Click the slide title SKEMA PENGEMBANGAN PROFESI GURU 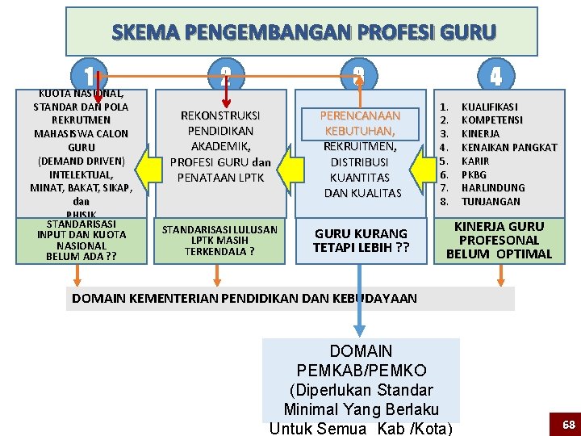303,33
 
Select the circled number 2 225,77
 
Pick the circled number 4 495,77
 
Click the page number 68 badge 568,424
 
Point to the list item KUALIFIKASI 489,107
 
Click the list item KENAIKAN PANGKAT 508,148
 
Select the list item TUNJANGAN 491,202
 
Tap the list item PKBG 475,174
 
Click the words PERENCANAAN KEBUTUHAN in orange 359,124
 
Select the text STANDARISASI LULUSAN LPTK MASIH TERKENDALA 219,240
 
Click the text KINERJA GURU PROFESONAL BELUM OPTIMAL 499,240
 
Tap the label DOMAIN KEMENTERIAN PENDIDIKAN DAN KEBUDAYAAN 245,298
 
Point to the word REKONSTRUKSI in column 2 220,115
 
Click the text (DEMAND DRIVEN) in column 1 81,161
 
